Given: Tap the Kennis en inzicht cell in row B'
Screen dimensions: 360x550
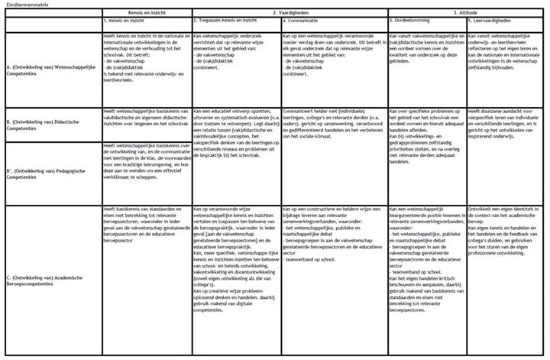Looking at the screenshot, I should pos(145,158).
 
